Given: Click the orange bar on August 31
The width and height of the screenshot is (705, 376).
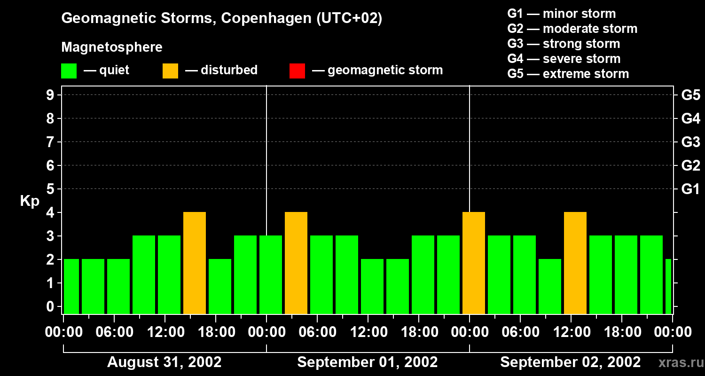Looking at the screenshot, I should (195, 263).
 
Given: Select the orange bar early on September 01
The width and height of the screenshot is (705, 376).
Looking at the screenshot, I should (296, 263).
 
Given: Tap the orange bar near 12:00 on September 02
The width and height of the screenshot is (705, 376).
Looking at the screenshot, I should (575, 263).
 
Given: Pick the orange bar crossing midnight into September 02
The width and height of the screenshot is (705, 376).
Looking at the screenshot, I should (474, 263).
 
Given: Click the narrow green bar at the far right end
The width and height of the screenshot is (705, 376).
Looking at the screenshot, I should (668, 286).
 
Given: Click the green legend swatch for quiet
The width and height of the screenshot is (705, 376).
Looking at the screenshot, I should (69, 70).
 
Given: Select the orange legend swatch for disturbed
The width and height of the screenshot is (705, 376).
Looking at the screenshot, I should (171, 70).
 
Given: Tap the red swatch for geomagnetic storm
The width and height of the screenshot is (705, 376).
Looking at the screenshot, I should (298, 70).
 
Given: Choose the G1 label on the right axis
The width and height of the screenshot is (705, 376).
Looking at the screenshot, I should (690, 189).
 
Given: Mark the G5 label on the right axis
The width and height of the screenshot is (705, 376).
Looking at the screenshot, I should (690, 95).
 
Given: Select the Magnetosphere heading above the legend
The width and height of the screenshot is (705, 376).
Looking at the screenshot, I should (112, 47).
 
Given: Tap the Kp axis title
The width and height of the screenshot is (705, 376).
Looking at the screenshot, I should (30, 201).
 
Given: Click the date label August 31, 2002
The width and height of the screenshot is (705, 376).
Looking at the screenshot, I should (164, 362).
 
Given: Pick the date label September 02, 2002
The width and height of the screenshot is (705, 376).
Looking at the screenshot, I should (570, 362).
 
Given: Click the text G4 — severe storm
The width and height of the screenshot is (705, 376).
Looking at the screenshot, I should (564, 59).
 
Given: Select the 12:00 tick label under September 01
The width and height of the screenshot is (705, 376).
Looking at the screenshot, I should (368, 332).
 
